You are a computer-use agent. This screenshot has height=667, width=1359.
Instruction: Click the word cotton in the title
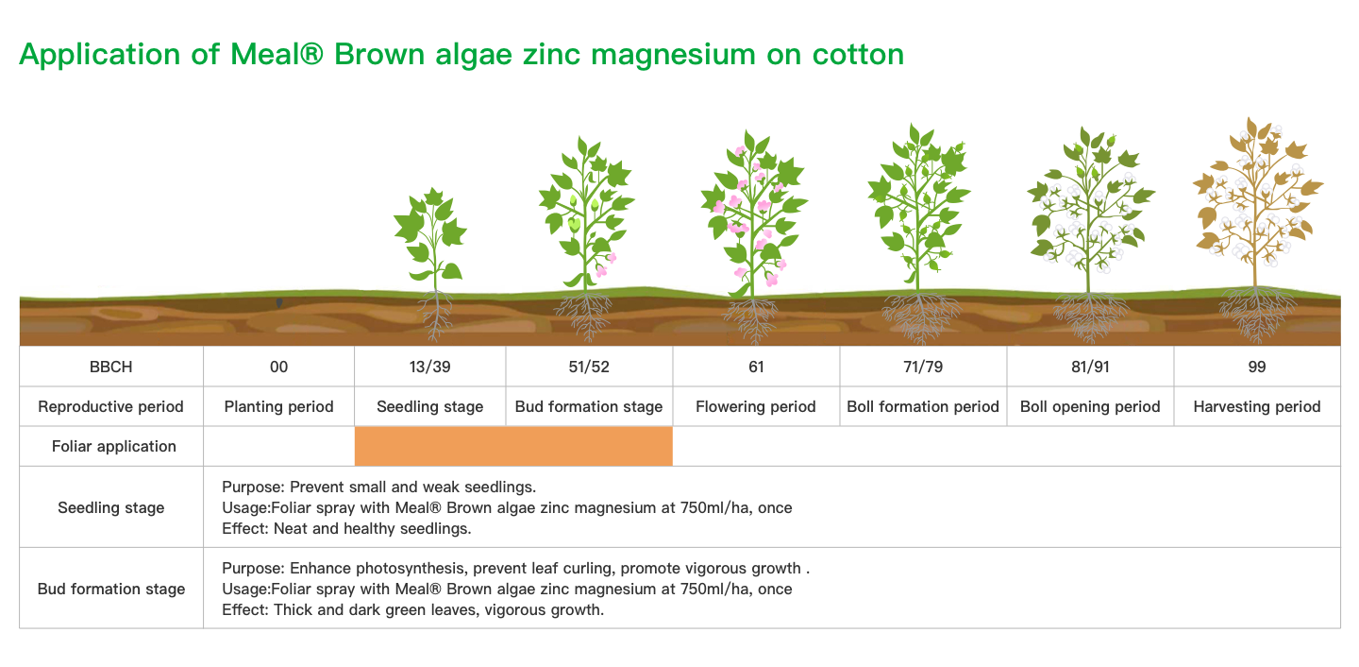(x=858, y=55)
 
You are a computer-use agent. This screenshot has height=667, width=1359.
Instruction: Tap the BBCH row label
(x=111, y=367)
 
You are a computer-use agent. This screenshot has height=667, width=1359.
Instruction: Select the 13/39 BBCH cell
(x=429, y=367)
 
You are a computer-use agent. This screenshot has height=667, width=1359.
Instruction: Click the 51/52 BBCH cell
(x=589, y=367)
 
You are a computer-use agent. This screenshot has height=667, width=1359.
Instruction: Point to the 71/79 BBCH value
(x=923, y=367)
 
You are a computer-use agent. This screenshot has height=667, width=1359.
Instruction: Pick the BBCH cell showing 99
(x=1256, y=367)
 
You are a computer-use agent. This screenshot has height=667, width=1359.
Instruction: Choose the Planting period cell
(x=278, y=406)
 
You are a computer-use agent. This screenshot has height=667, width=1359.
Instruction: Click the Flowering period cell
(x=755, y=406)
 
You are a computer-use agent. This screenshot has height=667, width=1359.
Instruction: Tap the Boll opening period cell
(x=1090, y=406)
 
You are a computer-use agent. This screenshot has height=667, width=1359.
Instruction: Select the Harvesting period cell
(x=1256, y=406)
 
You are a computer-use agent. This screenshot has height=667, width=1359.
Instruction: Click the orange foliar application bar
(x=513, y=447)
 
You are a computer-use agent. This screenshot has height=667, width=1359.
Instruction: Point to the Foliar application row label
(x=114, y=447)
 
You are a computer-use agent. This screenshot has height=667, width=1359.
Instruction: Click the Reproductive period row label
(x=111, y=406)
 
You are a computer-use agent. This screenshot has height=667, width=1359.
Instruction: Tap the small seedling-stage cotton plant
(x=431, y=261)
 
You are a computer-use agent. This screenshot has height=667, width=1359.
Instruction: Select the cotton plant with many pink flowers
(x=754, y=231)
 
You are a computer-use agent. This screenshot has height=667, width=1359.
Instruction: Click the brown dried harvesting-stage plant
(x=1256, y=225)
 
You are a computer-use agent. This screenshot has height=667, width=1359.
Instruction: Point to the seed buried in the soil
(x=279, y=302)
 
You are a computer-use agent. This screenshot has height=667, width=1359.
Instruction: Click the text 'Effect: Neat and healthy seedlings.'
(x=346, y=528)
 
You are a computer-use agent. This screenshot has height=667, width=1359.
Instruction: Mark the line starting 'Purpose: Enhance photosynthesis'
(x=515, y=569)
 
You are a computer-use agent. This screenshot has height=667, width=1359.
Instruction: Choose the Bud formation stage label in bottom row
(x=111, y=589)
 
